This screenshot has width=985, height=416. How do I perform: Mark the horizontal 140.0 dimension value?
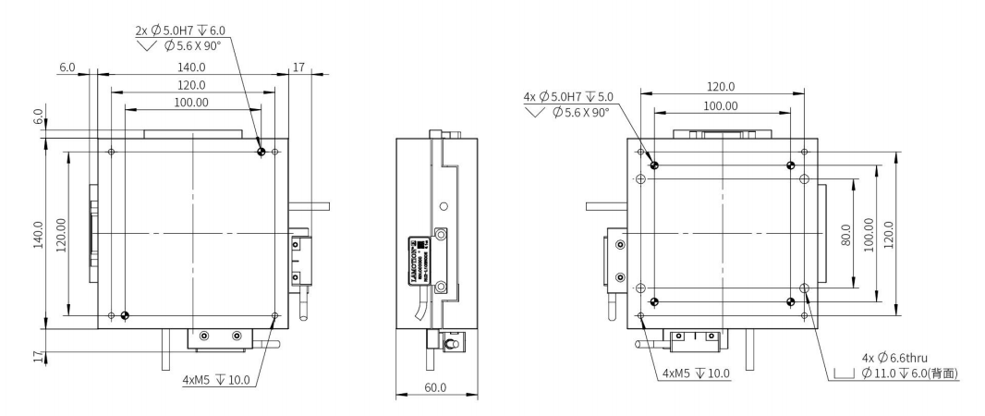(x=191, y=67)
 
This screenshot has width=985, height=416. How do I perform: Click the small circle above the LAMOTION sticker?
(x=443, y=205)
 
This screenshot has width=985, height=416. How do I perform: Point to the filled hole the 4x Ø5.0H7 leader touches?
(x=654, y=165)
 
